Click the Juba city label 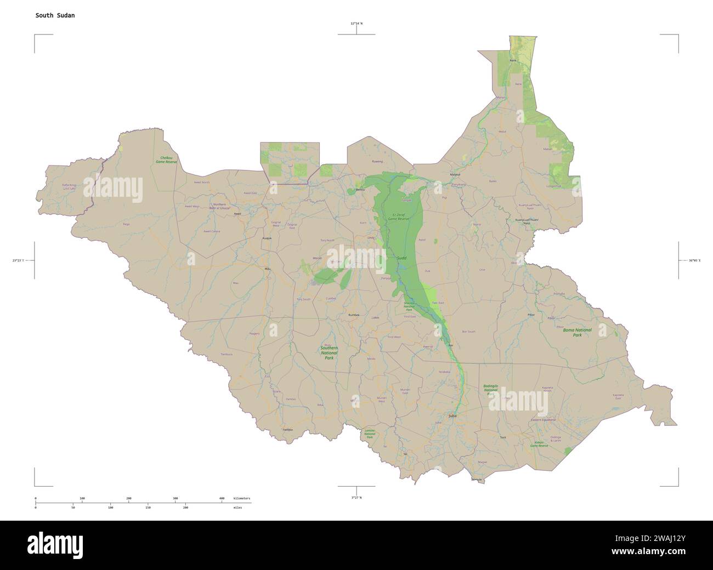[x=452, y=416]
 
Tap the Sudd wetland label [x=401, y=257]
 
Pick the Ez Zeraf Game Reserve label [x=399, y=216]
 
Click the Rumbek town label [x=354, y=315]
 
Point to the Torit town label [x=502, y=437]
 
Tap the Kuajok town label [x=267, y=238]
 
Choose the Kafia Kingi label [x=69, y=186]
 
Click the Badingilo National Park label [x=491, y=390]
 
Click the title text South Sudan [x=55, y=15]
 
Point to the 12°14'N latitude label [x=356, y=24]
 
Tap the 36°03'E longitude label [x=691, y=260]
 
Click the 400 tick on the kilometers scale [x=222, y=498]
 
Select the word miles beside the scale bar [x=237, y=508]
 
